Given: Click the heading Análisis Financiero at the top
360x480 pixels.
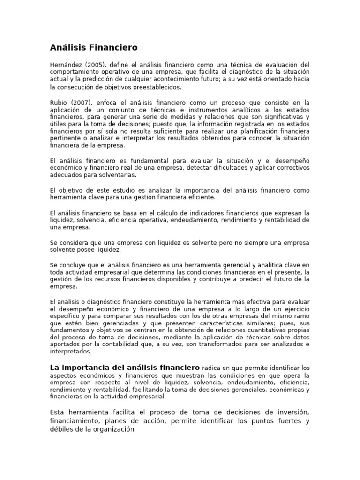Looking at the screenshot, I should tap(94, 48).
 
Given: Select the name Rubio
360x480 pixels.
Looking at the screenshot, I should tap(60, 103).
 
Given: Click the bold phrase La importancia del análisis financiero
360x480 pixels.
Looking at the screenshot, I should tap(125, 367).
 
